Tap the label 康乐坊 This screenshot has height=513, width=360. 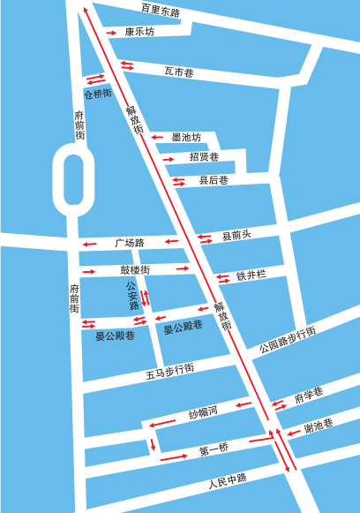coord(139,32)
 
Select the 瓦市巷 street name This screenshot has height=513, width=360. coord(179,72)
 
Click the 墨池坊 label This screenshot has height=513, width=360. coord(186,137)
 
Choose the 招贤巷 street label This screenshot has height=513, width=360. coord(204,157)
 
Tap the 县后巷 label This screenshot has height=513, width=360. coord(214,180)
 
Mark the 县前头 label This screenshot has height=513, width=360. coord(236,235)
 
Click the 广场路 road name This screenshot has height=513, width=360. coord(129,242)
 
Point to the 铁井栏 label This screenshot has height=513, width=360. coord(251,275)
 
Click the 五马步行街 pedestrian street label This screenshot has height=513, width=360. coord(169,372)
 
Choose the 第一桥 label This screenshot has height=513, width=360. coord(214,451)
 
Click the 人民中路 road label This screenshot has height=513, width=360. coord(227,483)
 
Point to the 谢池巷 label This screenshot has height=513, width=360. coord(319,426)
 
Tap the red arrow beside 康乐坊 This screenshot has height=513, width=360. coord(112,33)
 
